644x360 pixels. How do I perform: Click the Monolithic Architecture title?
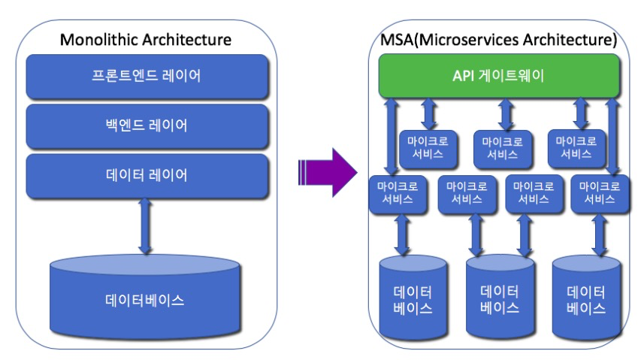[x=145, y=40]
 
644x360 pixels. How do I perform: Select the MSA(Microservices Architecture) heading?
[x=499, y=40]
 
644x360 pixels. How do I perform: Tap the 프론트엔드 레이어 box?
[x=147, y=77]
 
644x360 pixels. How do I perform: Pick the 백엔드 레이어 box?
[x=147, y=126]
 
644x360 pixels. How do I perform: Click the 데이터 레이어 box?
[x=147, y=176]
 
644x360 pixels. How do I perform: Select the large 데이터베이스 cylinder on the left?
[x=144, y=297]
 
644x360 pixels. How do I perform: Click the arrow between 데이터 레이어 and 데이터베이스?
[x=145, y=226]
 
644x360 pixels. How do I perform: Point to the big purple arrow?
[x=328, y=173]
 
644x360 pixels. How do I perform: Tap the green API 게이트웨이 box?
[x=499, y=76]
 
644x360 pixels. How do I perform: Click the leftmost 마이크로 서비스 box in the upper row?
[x=428, y=149]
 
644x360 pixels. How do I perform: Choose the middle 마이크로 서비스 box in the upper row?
[x=502, y=149]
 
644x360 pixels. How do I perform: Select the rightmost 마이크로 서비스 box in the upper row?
[x=576, y=149]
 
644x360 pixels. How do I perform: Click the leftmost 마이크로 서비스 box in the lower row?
[x=398, y=195]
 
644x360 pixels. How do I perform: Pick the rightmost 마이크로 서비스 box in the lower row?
[x=600, y=194]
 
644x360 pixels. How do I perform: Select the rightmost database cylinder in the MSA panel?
[x=586, y=297]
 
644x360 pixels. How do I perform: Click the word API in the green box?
[x=464, y=76]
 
